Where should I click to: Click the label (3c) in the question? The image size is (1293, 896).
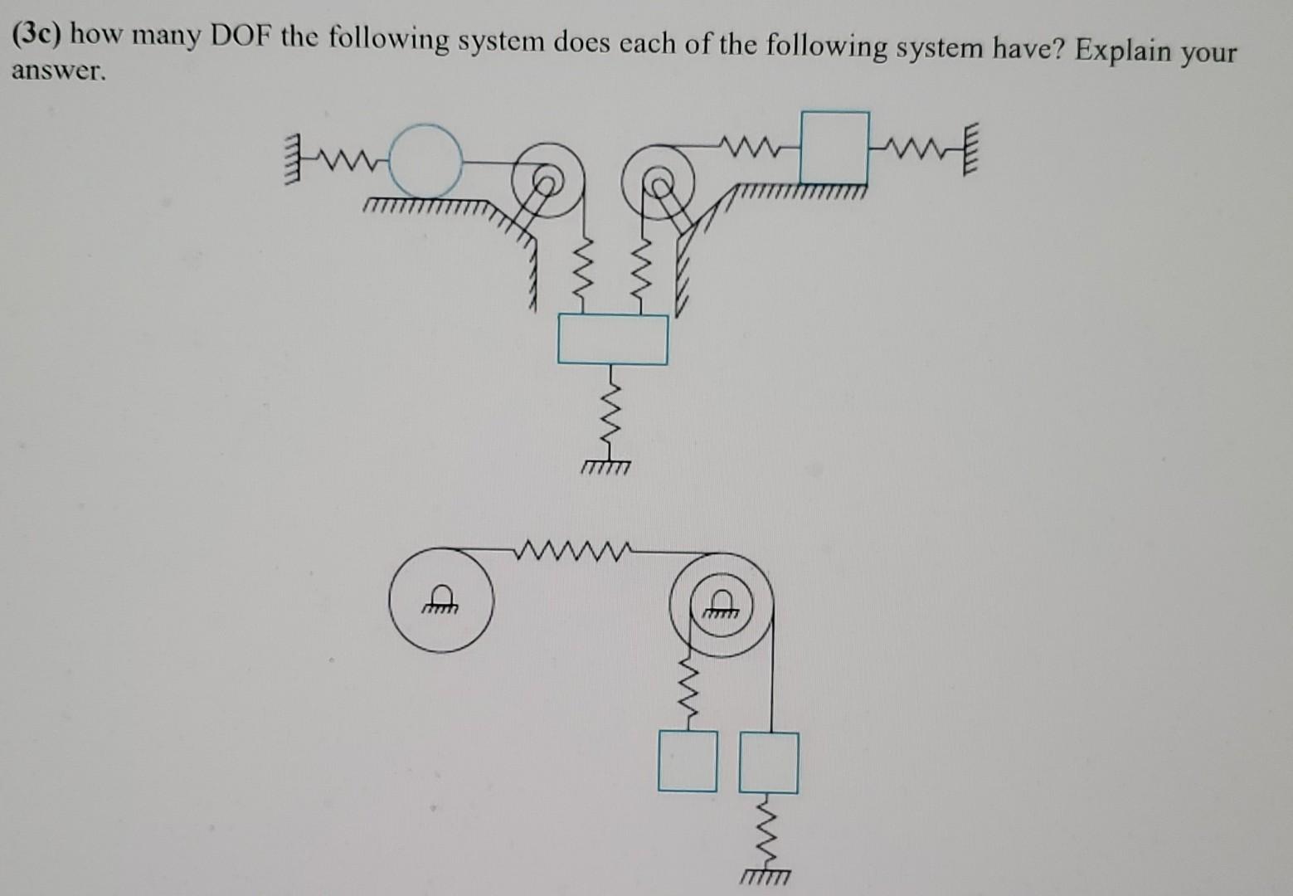39,34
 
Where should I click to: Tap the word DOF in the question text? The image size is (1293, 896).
241,37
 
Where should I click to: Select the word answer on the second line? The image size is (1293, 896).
57,71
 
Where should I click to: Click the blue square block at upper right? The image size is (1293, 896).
834,148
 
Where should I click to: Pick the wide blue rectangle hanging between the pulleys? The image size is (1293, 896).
612,338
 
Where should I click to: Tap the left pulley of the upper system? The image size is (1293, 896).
543,180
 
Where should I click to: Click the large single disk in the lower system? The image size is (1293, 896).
441,600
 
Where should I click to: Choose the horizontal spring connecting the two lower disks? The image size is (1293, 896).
572,548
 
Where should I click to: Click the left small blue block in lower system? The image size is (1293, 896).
688,761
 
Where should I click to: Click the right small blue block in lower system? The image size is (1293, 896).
769,762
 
